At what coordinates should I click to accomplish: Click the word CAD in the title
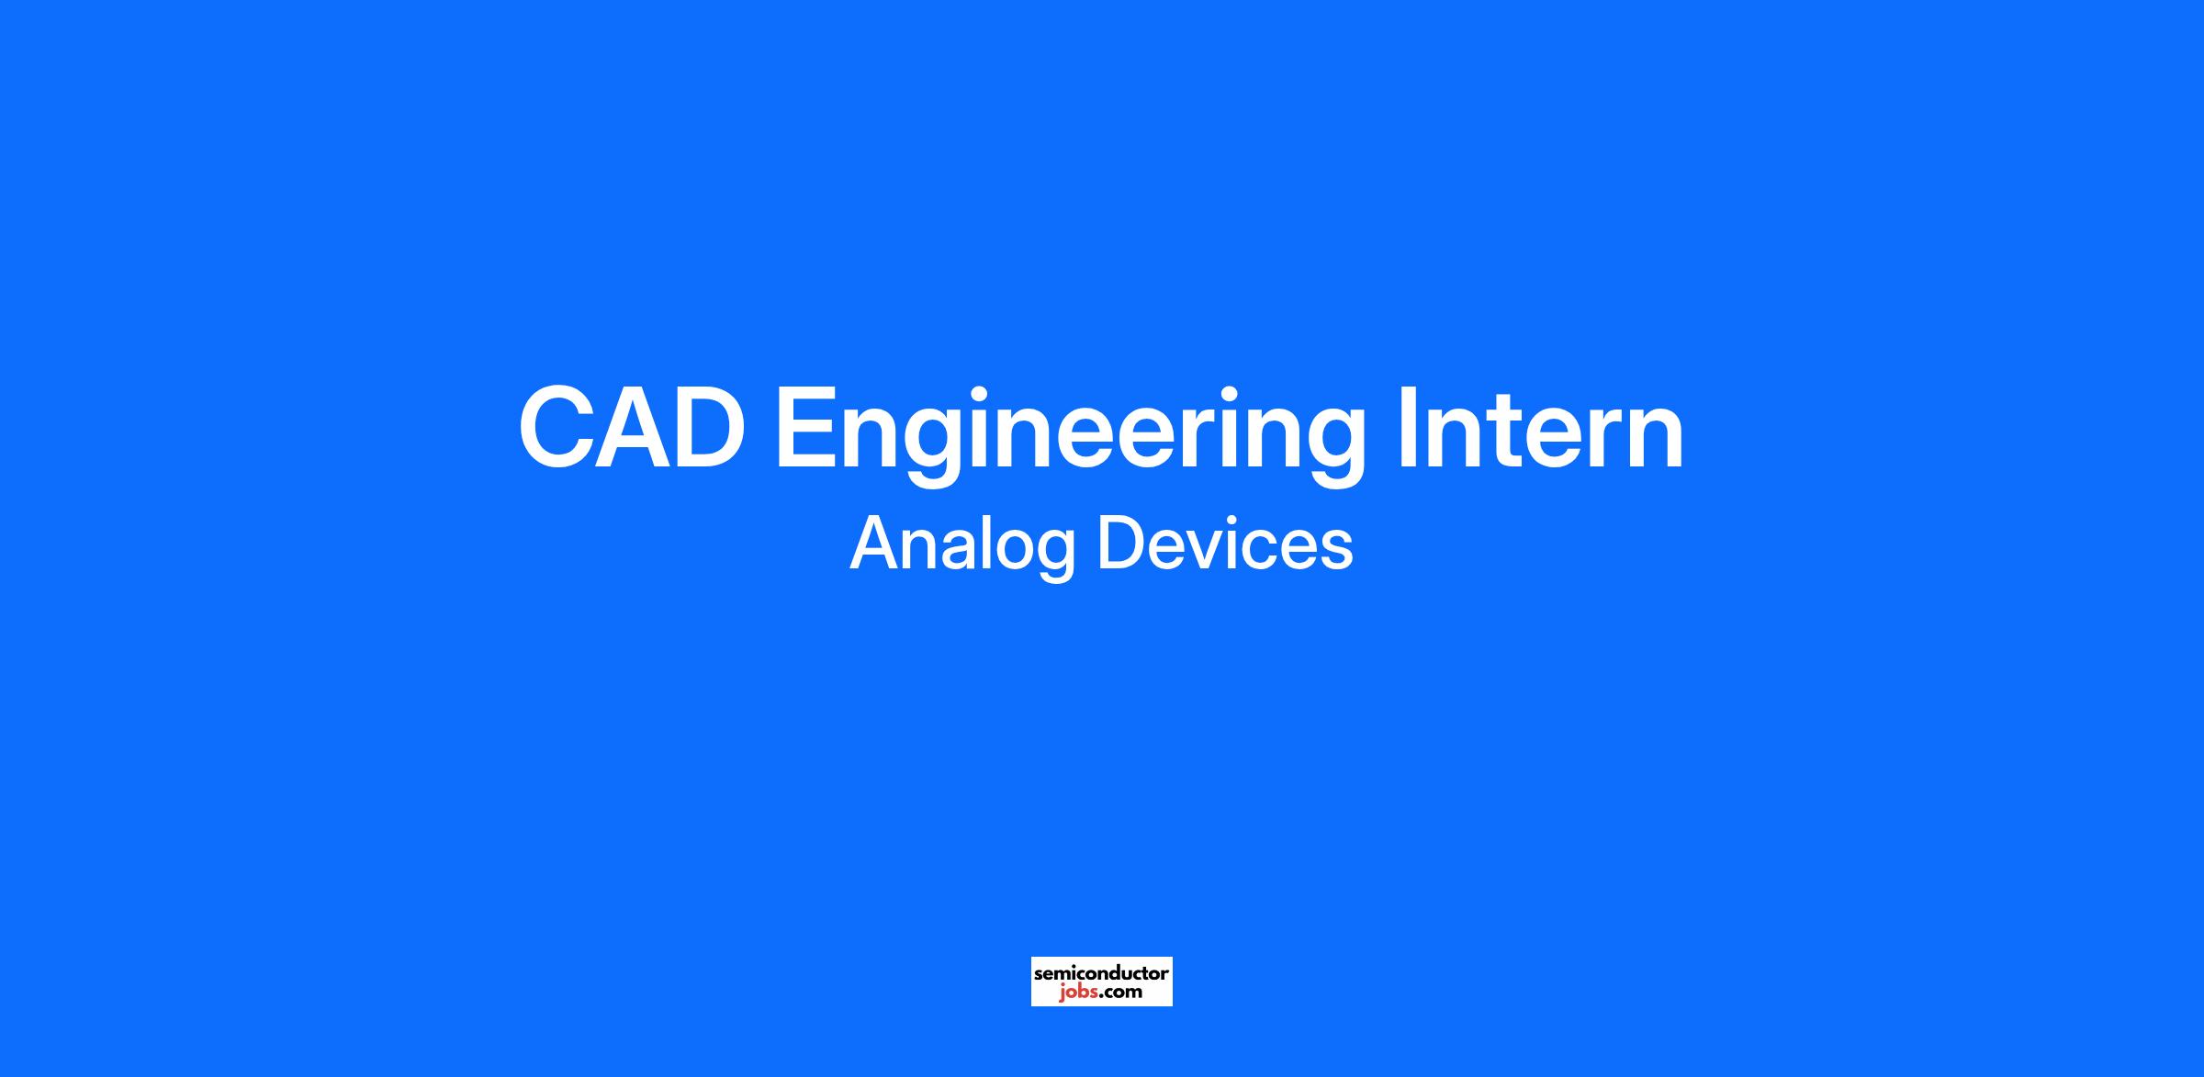coord(632,428)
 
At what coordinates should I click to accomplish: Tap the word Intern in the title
coord(1541,428)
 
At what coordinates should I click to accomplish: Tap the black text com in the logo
coord(1122,993)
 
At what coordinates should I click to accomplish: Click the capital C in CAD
coord(557,428)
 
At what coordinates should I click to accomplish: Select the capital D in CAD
coord(711,428)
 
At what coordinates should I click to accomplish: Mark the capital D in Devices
coord(1122,543)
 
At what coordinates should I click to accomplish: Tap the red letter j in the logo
coord(1062,993)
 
